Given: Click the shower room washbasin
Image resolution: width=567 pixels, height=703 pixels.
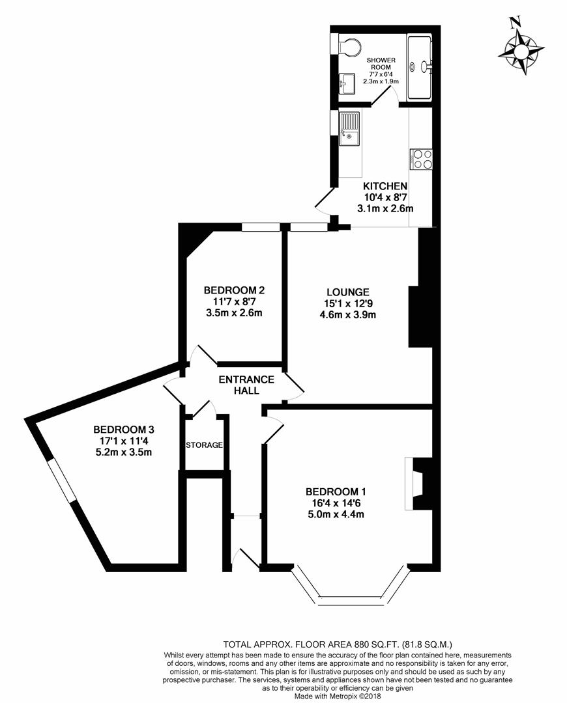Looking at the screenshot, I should (x=347, y=83).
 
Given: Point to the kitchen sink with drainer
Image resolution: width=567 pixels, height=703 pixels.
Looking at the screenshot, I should (x=349, y=130).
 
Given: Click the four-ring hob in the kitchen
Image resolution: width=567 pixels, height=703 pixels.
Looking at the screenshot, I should (x=421, y=159).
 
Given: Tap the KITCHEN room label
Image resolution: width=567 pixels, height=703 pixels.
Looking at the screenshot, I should (x=385, y=186).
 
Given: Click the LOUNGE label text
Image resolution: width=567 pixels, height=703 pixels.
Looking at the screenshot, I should (x=349, y=292).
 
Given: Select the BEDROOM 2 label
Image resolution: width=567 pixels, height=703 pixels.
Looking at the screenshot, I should (x=233, y=290).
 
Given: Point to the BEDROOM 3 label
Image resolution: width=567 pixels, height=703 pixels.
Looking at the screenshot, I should (x=123, y=429).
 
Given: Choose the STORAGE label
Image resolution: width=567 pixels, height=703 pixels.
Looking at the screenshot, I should (x=205, y=445).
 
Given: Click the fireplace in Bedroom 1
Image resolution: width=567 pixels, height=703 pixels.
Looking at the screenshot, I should (x=414, y=483).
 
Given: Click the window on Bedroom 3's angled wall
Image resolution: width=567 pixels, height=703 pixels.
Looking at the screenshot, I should (x=63, y=479).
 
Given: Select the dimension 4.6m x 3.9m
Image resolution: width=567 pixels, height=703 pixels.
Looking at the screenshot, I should (x=349, y=315).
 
